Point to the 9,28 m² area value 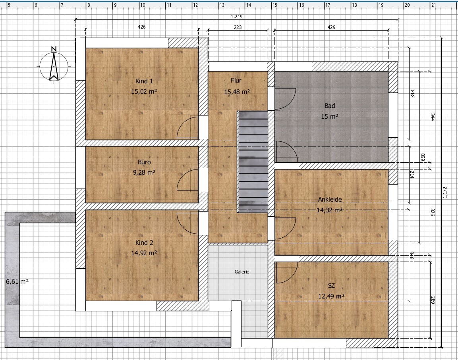point(144,172)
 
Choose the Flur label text point(236,81)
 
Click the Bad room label point(329,106)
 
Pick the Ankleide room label point(330,200)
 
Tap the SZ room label point(331,286)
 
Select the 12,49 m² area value point(331,296)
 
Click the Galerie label point(242,272)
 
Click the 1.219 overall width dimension point(236,17)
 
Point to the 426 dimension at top point(141,27)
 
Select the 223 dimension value point(238,27)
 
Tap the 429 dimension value point(331,27)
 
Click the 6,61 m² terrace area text point(17,281)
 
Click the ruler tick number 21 point(433,6)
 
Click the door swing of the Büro point(187,181)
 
